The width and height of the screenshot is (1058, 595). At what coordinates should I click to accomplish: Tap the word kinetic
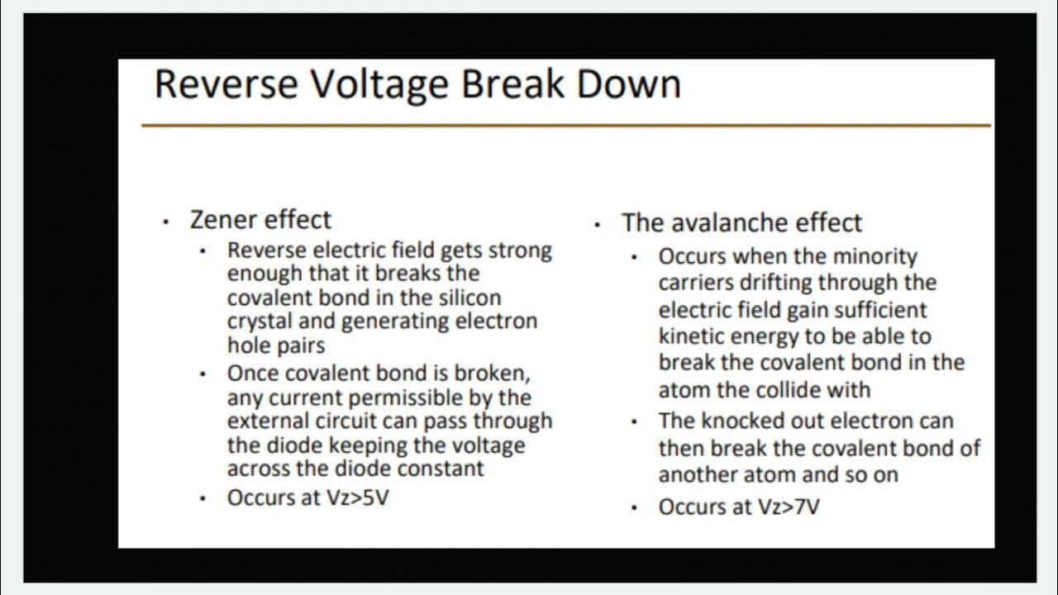coord(691,336)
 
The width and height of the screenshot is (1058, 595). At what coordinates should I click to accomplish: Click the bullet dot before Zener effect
coord(166,222)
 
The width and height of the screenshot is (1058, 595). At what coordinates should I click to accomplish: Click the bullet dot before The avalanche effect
coord(598,225)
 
